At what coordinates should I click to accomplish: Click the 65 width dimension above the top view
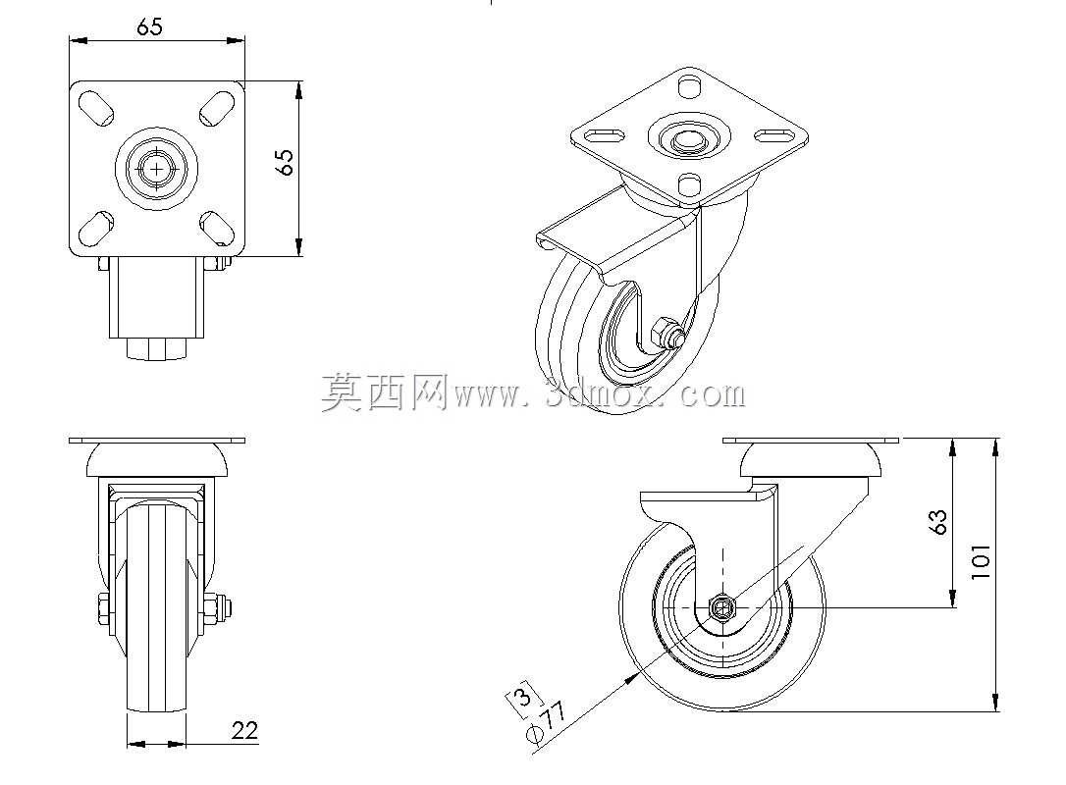click(149, 26)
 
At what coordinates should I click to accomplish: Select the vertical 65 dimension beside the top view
click(287, 162)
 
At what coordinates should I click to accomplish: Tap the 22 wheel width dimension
click(244, 730)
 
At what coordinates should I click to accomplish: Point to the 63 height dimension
click(938, 522)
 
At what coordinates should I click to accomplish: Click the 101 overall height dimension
click(981, 561)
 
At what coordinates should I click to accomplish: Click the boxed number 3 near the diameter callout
click(523, 698)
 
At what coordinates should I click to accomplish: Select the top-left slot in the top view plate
click(96, 110)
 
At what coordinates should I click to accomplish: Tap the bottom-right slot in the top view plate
click(216, 229)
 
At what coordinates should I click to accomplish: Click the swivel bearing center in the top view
click(156, 168)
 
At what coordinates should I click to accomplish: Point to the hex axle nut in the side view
click(722, 607)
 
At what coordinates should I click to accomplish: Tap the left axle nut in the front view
click(103, 608)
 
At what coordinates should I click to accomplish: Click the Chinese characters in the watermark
click(384, 392)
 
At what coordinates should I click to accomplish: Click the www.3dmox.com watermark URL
click(599, 394)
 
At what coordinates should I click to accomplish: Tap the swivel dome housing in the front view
click(157, 460)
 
